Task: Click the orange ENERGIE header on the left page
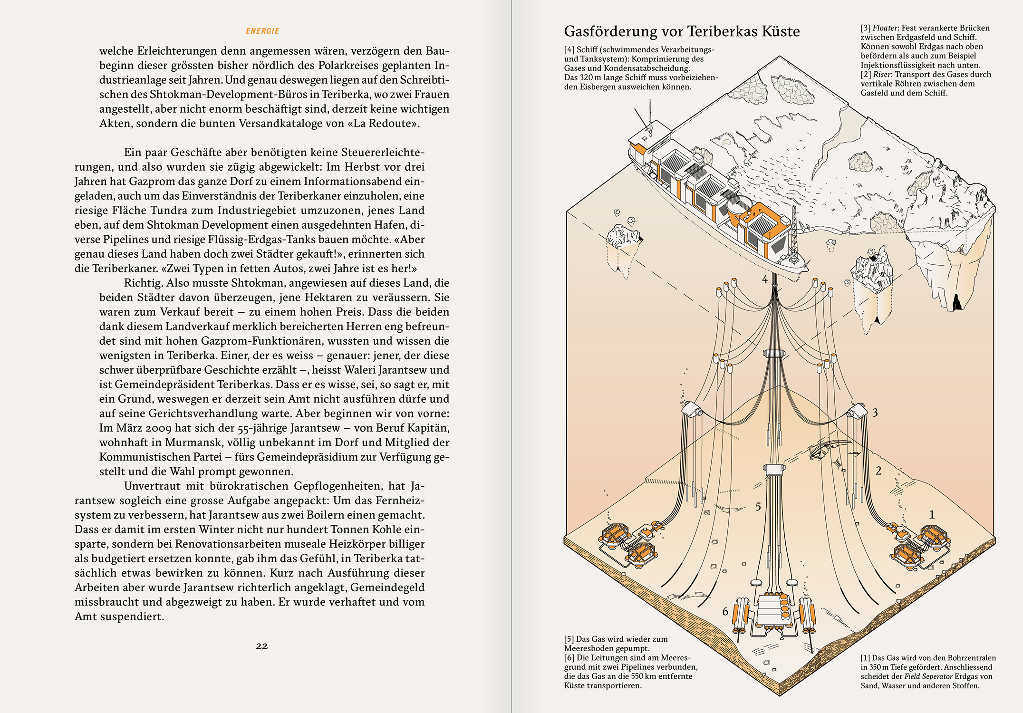[262, 31]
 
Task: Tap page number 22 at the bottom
[262, 646]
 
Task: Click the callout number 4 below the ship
[765, 280]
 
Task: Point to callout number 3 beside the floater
[875, 413]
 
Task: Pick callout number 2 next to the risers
[878, 471]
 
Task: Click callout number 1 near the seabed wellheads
[932, 514]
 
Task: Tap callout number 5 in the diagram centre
[758, 507]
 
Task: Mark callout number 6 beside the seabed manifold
[725, 611]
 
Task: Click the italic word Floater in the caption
[885, 28]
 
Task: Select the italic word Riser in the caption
[882, 75]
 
